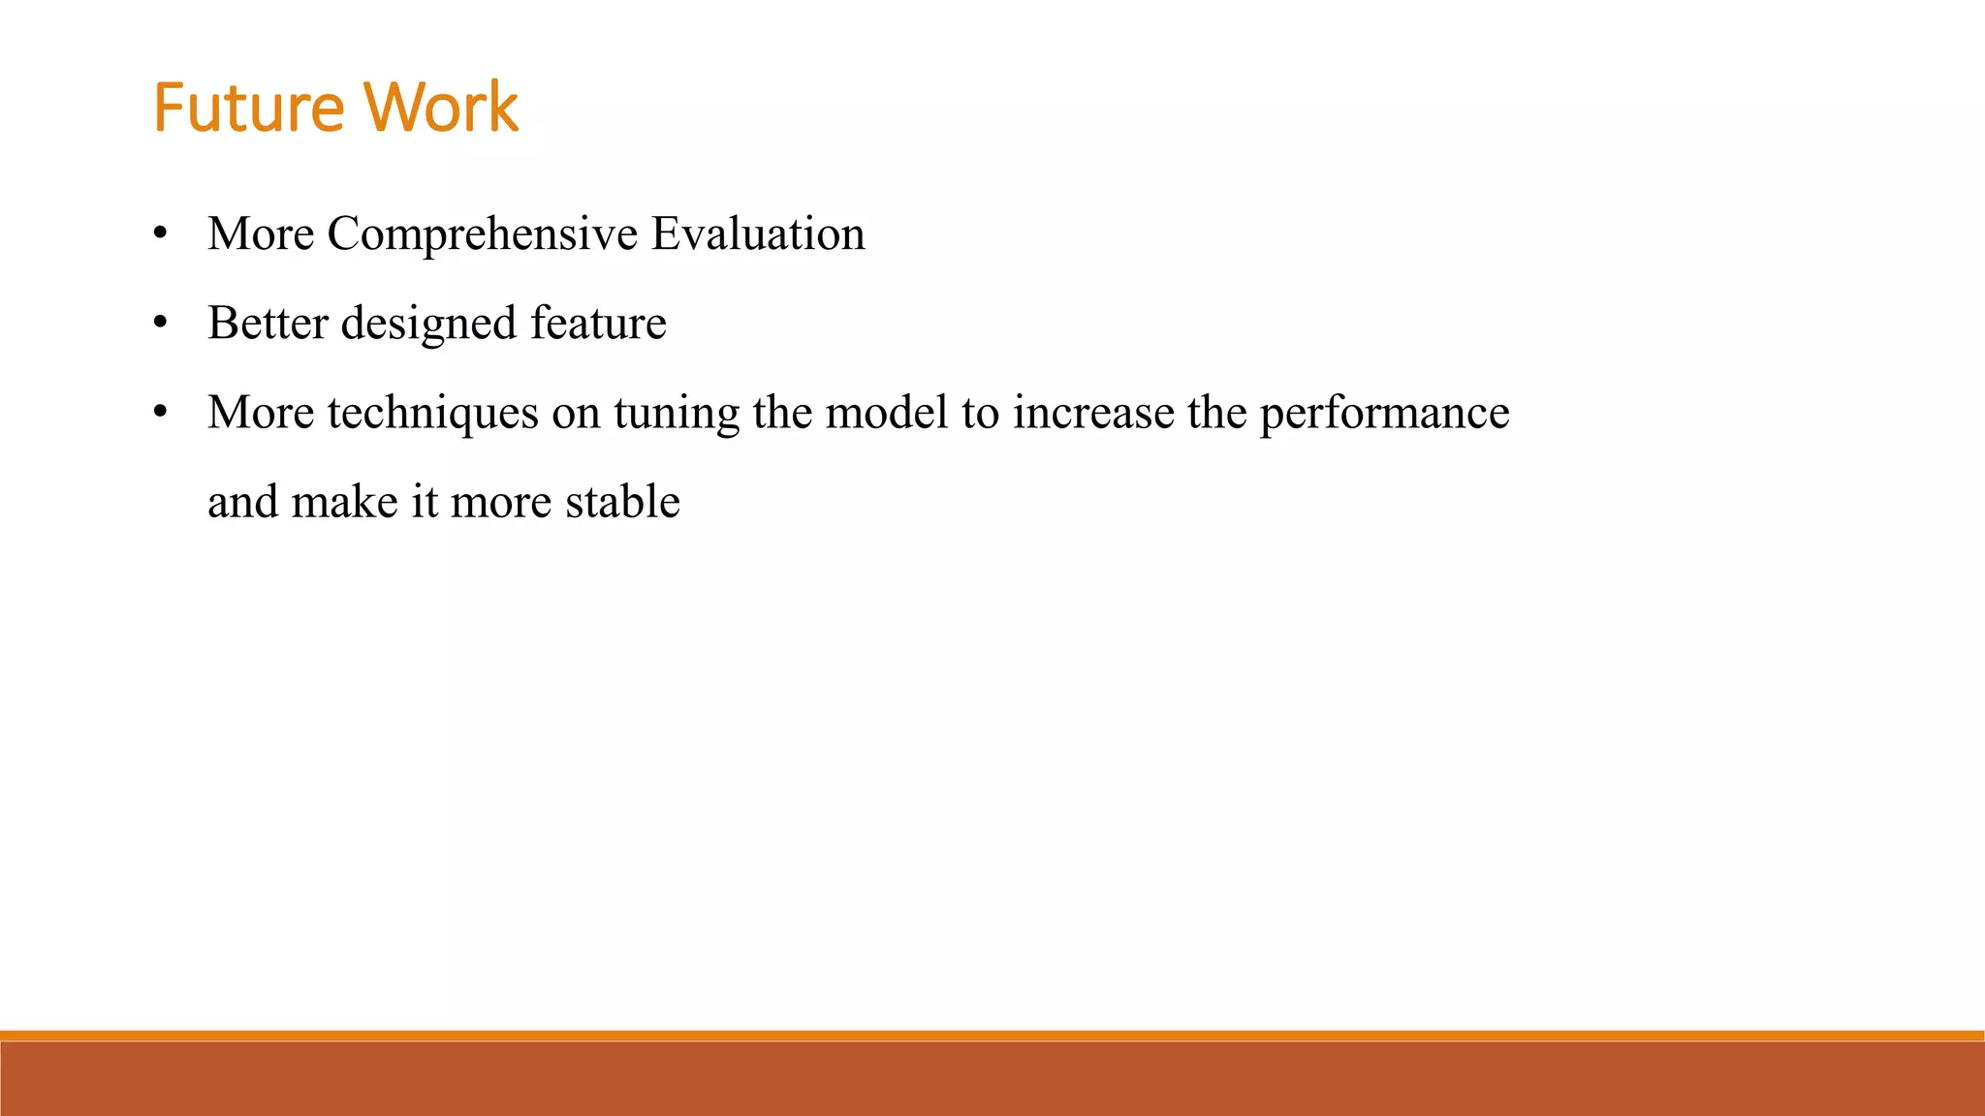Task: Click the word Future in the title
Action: pos(248,108)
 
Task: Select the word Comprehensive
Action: pos(483,235)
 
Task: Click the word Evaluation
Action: pos(757,234)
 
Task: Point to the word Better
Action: pos(268,324)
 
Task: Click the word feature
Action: pos(598,324)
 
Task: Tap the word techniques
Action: pos(432,415)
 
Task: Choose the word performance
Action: pos(1384,415)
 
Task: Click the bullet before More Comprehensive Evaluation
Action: pos(161,235)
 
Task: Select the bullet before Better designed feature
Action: pos(161,325)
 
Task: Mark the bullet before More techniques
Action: pos(161,414)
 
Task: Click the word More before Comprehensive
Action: pos(261,234)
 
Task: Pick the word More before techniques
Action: pos(261,413)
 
